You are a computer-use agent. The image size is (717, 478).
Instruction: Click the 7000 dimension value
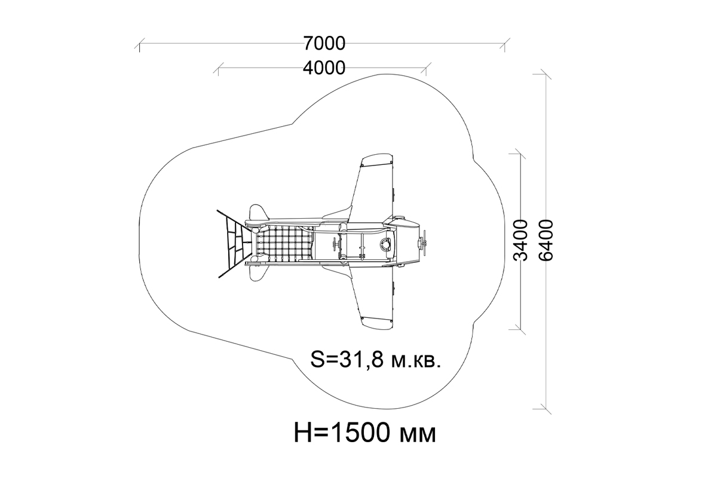pyautogui.click(x=324, y=44)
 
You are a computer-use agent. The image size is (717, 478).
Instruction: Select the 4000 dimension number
pyautogui.click(x=324, y=68)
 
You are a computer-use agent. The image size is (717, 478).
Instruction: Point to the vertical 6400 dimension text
pyautogui.click(x=546, y=240)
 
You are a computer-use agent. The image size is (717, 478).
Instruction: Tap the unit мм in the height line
pyautogui.click(x=418, y=436)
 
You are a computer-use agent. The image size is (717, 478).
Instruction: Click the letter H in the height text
pyautogui.click(x=303, y=433)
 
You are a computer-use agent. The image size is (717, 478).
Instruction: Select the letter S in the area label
pyautogui.click(x=317, y=360)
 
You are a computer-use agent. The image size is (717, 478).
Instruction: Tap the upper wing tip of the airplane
pyautogui.click(x=377, y=160)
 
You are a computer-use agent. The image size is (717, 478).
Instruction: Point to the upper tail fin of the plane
pyautogui.click(x=258, y=212)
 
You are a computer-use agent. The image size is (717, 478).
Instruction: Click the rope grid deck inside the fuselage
pyautogui.click(x=286, y=243)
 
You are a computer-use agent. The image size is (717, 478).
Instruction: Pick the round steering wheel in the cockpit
pyautogui.click(x=387, y=244)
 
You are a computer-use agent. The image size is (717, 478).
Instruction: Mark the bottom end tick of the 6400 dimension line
pyautogui.click(x=546, y=409)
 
